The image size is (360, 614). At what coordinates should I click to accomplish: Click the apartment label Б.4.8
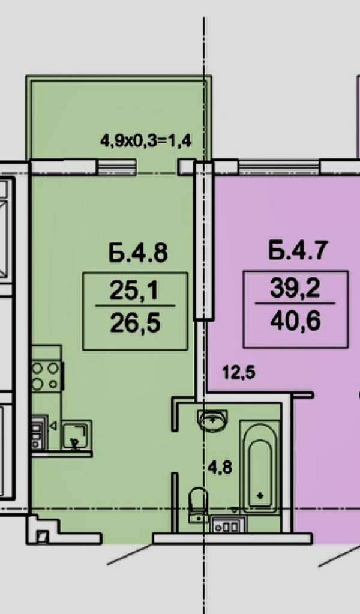coord(138,253)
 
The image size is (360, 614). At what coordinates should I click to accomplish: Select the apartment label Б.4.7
coord(296,250)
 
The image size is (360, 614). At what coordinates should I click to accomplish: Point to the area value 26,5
coord(135,324)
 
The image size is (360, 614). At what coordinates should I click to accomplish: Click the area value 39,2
coord(295,289)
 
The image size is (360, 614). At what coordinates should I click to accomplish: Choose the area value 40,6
coord(295,321)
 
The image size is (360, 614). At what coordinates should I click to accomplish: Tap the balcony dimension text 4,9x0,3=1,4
coord(146,140)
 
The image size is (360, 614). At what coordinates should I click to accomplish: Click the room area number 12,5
coord(239,372)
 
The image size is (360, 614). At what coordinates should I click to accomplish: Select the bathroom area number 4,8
coord(220,467)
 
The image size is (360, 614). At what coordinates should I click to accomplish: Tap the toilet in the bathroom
coord(198,505)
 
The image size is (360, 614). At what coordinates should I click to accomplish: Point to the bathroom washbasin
coord(212,420)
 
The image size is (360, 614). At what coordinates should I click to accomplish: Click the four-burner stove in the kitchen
coord(47,376)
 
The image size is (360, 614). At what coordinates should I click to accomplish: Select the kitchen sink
coord(77,435)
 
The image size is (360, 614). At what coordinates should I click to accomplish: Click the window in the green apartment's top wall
coord(116,167)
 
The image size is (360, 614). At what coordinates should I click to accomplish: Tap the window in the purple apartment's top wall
coord(278,167)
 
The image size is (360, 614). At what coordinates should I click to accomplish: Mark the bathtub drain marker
coord(260,495)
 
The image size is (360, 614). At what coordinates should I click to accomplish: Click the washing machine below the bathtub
coord(228,525)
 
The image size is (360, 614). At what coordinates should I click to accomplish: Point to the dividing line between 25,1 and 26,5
coord(135,306)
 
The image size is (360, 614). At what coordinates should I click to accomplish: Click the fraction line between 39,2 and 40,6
coord(295,304)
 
